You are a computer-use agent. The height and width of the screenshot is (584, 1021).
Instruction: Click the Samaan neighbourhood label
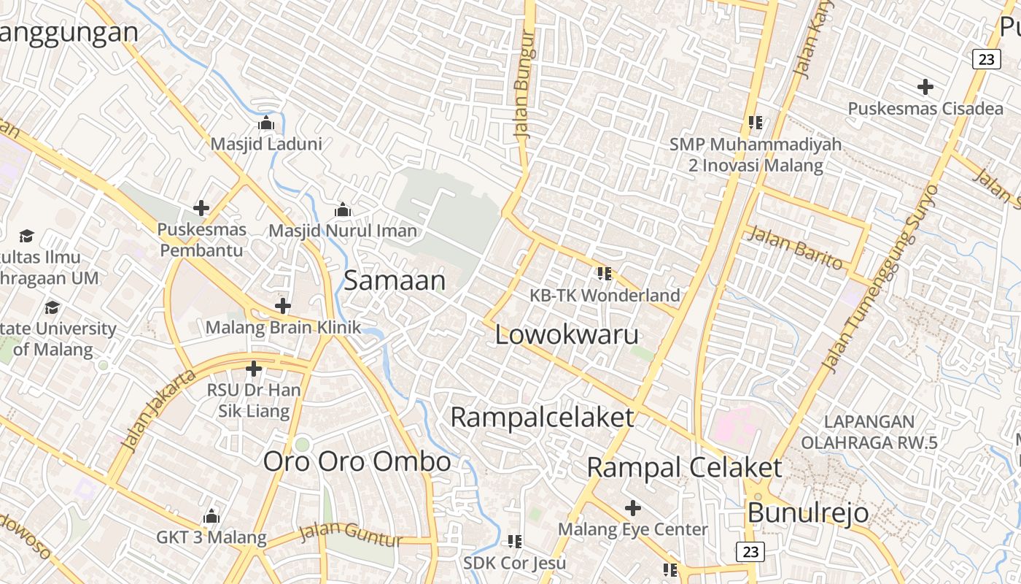394,281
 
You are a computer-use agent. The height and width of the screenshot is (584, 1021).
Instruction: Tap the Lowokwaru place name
567,335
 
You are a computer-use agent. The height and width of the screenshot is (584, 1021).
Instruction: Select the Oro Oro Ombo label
357,461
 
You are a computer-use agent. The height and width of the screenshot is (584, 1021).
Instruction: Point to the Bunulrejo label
808,512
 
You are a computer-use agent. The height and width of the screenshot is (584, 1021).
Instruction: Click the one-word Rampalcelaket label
542,418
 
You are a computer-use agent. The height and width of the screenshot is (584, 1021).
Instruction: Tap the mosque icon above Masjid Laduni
266,123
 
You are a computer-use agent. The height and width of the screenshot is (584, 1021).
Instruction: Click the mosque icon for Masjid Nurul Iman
343,210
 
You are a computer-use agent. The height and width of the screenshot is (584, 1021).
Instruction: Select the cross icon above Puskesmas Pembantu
201,208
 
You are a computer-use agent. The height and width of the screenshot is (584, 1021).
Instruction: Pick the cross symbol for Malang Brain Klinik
283,306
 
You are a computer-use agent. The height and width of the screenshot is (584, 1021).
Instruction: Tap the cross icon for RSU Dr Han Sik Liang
254,369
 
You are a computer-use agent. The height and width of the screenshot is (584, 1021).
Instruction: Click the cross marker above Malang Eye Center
633,507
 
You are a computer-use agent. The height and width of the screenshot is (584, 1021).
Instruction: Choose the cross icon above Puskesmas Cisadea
925,87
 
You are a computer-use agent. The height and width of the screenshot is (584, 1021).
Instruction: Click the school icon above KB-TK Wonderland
604,274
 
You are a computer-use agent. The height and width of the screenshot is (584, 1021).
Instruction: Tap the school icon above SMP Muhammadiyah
755,122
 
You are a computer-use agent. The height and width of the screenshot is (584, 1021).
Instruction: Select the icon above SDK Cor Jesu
515,542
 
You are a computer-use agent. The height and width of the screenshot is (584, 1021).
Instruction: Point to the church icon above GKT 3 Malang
211,517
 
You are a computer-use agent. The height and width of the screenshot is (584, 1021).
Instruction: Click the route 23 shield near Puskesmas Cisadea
986,59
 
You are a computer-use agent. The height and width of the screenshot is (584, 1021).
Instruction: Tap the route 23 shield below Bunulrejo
750,552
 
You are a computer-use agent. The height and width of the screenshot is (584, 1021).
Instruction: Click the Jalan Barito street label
795,248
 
